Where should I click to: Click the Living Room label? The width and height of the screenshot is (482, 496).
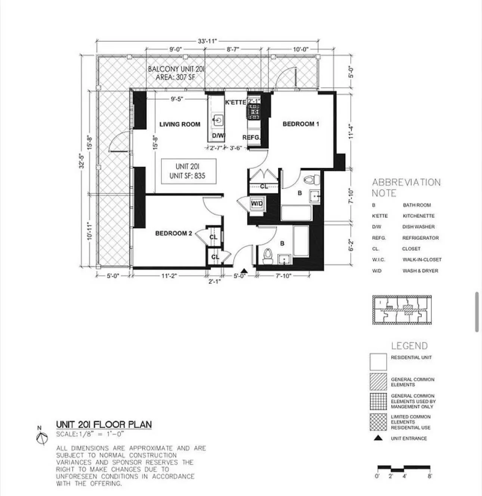(x=180, y=124)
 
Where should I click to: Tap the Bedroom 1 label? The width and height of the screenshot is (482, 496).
(x=301, y=124)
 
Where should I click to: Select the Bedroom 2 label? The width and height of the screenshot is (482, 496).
(x=173, y=233)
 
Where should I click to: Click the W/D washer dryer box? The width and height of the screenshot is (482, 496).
(x=257, y=204)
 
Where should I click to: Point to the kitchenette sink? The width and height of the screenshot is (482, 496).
(x=218, y=120)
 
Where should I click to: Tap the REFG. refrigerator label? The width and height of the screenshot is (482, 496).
(x=251, y=137)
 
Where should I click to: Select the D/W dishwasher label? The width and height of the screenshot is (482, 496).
(x=218, y=136)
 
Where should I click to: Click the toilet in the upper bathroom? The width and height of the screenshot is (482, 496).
(x=310, y=180)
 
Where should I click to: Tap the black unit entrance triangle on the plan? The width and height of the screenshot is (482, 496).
(x=244, y=271)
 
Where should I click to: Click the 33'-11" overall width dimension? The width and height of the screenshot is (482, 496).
(x=207, y=41)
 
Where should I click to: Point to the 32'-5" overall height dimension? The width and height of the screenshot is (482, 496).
(x=82, y=160)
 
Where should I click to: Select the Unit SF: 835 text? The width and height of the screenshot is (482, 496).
(x=187, y=176)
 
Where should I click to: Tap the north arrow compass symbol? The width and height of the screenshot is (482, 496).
(x=42, y=437)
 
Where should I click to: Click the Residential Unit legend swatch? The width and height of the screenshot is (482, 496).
(x=378, y=362)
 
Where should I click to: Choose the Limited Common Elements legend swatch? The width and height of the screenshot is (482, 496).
(x=378, y=422)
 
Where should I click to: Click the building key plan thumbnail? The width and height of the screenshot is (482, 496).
(x=402, y=310)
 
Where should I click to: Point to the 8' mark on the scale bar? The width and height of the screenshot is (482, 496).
(x=430, y=476)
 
